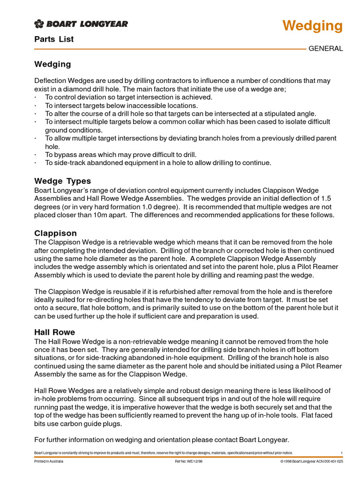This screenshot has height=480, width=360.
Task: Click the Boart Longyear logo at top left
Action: coord(81,24)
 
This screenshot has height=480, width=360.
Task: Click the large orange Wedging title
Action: coord(312,26)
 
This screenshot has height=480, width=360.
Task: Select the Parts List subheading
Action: coord(54,39)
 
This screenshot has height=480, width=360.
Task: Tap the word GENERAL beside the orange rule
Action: coord(325,49)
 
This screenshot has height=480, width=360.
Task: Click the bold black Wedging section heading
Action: coord(52,64)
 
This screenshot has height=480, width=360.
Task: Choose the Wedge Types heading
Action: coord(63,181)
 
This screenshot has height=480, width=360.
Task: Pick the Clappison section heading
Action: coord(55,233)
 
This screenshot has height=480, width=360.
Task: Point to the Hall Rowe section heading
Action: coord(54,332)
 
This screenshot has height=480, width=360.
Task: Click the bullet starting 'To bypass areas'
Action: coord(121,155)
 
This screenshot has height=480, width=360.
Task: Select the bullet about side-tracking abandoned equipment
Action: coord(158,163)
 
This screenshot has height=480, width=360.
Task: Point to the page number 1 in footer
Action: coord(342,453)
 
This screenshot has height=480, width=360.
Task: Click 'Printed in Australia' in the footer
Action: coord(49,461)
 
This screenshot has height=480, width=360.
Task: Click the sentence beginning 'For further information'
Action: coord(162,440)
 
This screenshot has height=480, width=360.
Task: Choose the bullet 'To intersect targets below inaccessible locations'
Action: coord(121,105)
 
